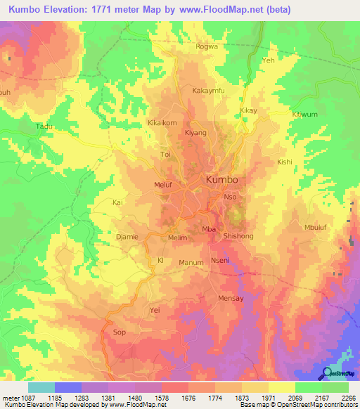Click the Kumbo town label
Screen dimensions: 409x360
click(221, 180)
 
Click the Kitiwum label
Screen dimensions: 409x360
click(305, 114)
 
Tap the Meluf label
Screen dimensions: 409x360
click(163, 185)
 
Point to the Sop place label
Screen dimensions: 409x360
click(119, 331)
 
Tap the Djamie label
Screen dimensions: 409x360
click(127, 237)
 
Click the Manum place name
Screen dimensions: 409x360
click(191, 263)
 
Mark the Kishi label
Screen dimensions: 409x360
click(285, 162)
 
